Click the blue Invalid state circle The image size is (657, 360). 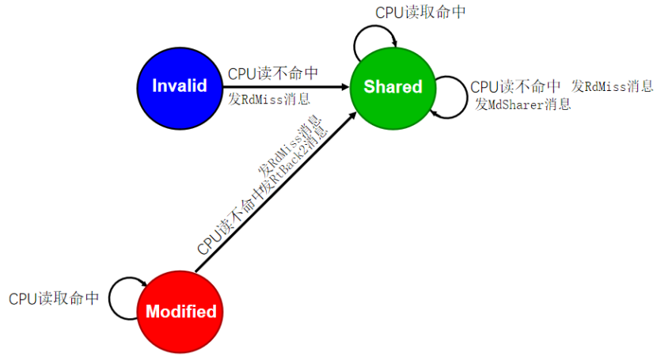pyautogui.click(x=180, y=86)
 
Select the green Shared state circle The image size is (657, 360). pyautogui.click(x=393, y=86)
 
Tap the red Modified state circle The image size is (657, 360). pyautogui.click(x=180, y=311)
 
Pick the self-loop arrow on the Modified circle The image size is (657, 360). pyautogui.click(x=125, y=296)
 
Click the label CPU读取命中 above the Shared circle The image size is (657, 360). pyautogui.click(x=420, y=13)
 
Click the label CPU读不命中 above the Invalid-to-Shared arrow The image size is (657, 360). pyautogui.click(x=273, y=73)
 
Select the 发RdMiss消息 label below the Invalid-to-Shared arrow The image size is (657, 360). pyautogui.click(x=269, y=100)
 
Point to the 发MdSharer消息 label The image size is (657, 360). pyautogui.click(x=522, y=104)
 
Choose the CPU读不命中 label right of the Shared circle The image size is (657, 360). pyautogui.click(x=516, y=86)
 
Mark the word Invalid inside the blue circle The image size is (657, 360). pyautogui.click(x=180, y=86)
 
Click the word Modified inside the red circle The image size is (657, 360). pyautogui.click(x=180, y=312)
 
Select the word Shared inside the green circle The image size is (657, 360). pyautogui.click(x=393, y=86)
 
